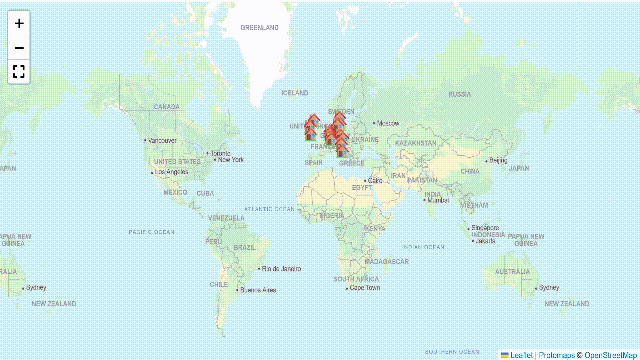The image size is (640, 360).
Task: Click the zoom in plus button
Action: click(19, 23)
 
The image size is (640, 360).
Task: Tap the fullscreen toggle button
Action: click(19, 72)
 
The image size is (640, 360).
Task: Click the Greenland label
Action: click(259, 28)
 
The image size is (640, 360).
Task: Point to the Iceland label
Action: click(295, 93)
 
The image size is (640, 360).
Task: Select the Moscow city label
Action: click(388, 123)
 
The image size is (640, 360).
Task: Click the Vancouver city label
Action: click(162, 140)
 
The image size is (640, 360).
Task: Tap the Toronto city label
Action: click(220, 153)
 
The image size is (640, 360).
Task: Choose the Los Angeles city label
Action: click(171, 172)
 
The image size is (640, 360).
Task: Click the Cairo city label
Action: click(375, 181)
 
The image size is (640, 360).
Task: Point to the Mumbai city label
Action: click(438, 200)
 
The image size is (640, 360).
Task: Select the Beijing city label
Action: click(498, 160)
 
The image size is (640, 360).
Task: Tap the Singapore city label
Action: click(485, 228)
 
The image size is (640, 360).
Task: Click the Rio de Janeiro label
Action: click(281, 269)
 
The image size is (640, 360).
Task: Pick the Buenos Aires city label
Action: click(258, 290)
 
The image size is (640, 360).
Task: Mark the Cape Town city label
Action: click(364, 288)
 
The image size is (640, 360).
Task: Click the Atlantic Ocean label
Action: click(269, 209)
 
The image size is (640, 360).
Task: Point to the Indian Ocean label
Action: click(423, 247)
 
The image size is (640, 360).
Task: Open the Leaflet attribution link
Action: click(521, 355)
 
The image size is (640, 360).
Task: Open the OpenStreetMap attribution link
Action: click(610, 355)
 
